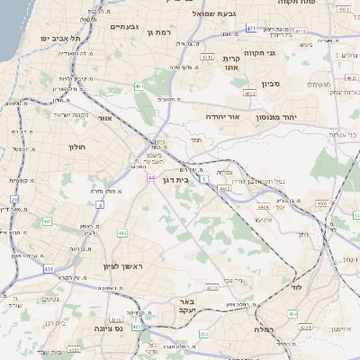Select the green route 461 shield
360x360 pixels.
[139, 87]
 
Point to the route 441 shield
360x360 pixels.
[46, 220]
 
